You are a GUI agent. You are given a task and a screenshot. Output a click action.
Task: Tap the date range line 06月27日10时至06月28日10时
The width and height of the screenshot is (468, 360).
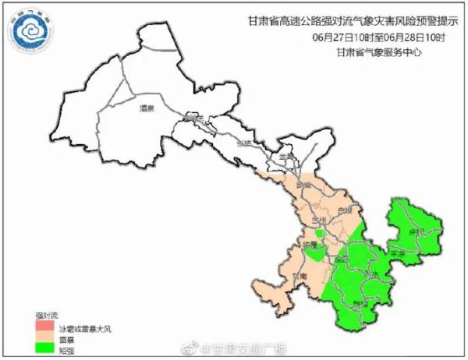(380, 37)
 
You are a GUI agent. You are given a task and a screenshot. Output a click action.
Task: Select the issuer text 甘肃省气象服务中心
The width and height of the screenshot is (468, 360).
(380, 52)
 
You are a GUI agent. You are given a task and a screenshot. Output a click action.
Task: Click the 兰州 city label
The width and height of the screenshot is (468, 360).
(317, 223)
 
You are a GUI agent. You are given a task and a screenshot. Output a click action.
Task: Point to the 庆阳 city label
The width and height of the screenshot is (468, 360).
(414, 231)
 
